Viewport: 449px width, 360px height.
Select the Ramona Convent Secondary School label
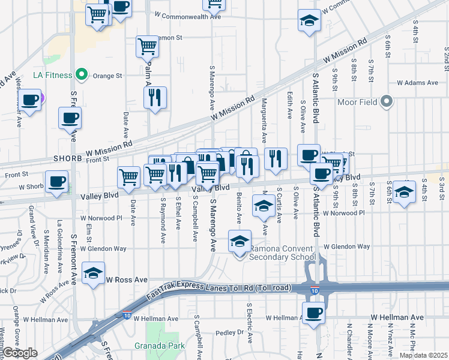pyautogui.click(x=282, y=253)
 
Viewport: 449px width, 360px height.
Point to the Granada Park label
pyautogui.click(x=168, y=346)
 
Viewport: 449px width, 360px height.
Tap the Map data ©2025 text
pyautogui.click(x=424, y=355)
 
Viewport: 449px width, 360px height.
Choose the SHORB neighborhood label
pyautogui.click(x=67, y=158)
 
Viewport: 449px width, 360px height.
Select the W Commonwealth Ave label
pyautogui.click(x=188, y=17)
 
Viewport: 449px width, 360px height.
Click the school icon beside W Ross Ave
pyautogui.click(x=93, y=274)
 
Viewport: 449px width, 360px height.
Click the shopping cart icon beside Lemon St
pyautogui.click(x=147, y=46)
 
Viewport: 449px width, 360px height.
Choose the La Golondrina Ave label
pyautogui.click(x=59, y=246)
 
